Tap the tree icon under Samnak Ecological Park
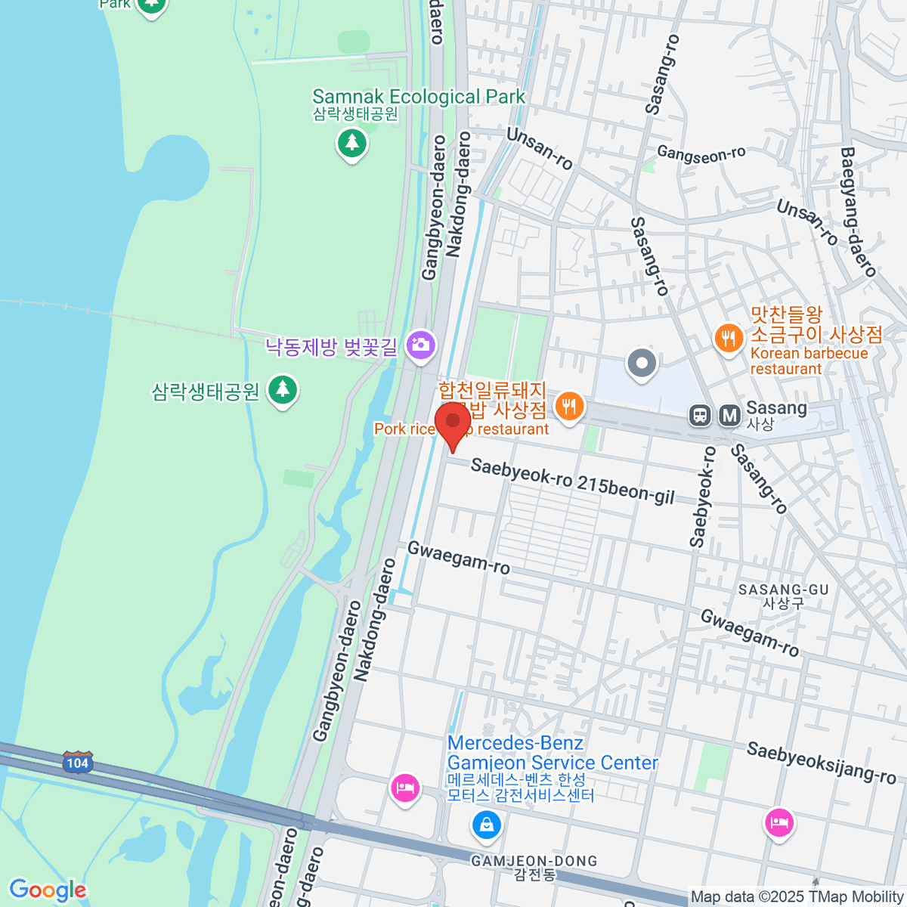351,143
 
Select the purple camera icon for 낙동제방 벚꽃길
420,345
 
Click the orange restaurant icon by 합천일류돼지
569,407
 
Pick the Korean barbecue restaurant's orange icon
729,337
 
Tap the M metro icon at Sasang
729,415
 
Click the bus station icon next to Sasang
701,415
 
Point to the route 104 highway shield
77,763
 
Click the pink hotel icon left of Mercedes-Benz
405,788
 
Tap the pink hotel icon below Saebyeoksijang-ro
779,822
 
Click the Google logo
48,890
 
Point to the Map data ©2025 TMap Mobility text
797,897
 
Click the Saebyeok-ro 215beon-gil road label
572,481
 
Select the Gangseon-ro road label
701,154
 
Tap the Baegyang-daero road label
859,212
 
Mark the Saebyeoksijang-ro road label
821,763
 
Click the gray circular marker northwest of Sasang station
642,364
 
